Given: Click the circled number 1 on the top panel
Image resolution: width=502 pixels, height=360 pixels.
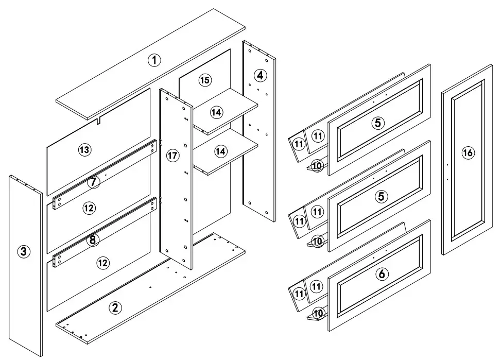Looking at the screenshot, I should (154, 60).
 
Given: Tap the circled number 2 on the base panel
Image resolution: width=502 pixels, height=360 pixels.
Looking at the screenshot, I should (115, 308).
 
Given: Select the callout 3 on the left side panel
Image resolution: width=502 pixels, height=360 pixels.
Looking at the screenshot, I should (24, 252).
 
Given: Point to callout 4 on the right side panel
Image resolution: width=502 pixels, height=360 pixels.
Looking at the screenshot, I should (260, 75).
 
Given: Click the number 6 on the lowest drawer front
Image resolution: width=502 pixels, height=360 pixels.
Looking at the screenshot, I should (381, 274).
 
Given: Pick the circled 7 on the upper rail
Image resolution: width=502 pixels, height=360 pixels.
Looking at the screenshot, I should (93, 182).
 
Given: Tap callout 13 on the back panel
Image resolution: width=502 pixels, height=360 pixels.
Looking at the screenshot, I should (84, 150).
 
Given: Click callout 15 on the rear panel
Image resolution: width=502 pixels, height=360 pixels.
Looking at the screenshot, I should (205, 80).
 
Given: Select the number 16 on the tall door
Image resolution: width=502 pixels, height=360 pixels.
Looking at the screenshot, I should (468, 152).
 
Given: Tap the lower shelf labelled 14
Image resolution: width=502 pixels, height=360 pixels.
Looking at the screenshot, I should (220, 151).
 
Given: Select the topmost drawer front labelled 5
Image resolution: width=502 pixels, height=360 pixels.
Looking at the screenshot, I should (378, 123).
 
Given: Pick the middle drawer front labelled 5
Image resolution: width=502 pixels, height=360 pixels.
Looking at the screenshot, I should (380, 196).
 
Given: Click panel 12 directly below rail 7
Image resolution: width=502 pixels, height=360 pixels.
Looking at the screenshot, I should (89, 208).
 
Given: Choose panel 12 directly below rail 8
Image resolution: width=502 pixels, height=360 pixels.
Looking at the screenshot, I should (103, 263).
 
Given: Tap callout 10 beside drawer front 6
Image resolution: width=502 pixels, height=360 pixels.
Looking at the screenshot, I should (318, 313).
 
